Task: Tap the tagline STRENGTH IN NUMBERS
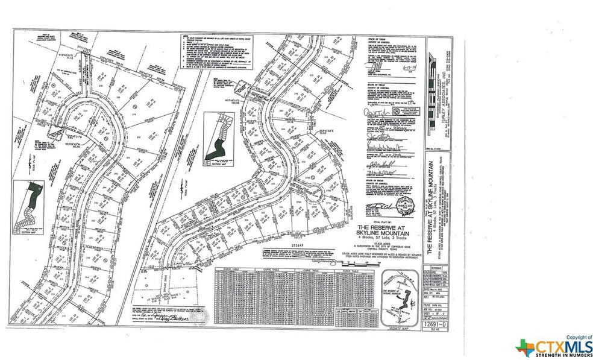pos(554,356)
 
